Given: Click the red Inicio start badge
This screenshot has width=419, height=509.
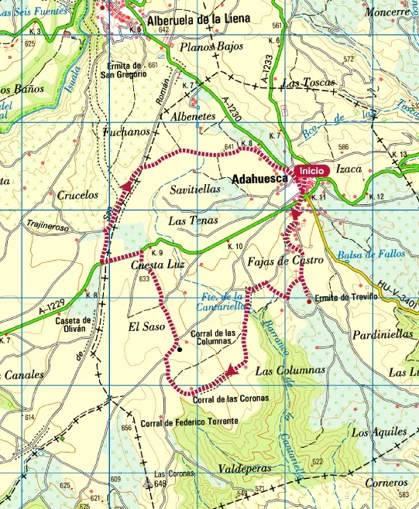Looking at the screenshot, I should [x=311, y=169].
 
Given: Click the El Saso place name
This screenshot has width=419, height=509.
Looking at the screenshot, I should [x=146, y=327].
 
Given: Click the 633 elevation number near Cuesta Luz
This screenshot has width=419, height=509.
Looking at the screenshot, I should [x=144, y=278].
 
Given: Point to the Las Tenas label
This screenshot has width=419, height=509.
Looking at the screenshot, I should [x=194, y=220].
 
